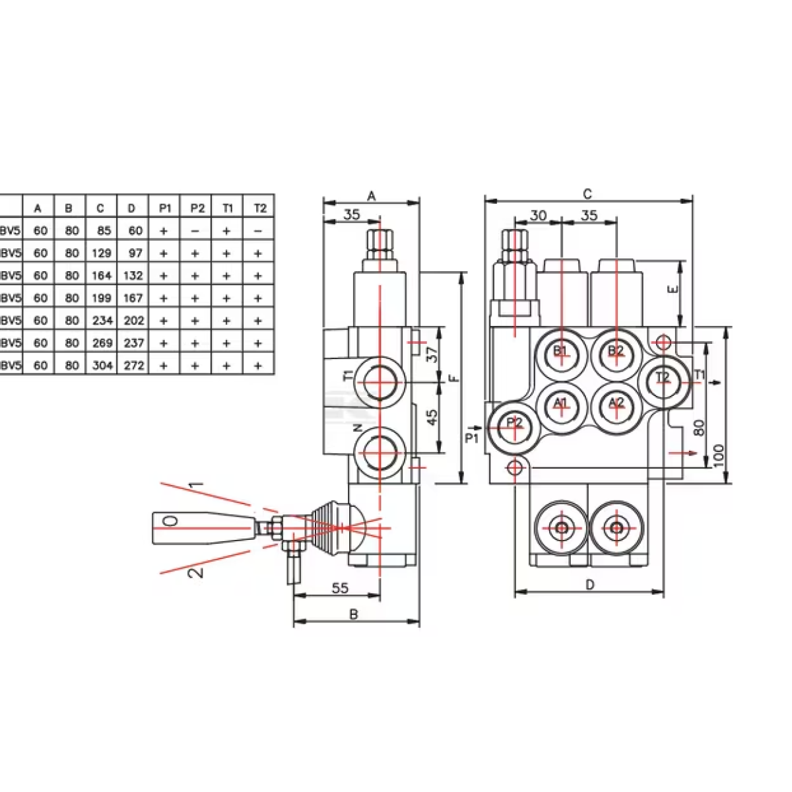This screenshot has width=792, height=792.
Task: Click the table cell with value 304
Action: (100, 365)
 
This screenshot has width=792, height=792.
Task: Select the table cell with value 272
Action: (133, 365)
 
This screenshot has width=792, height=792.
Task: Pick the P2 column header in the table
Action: (197, 208)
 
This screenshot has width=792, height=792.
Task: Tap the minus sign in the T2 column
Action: (259, 230)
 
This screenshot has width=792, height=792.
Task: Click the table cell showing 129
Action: (100, 253)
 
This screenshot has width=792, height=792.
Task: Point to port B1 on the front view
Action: (561, 351)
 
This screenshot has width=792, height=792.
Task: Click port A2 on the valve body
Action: (616, 403)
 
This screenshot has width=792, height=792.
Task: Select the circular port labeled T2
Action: (663, 378)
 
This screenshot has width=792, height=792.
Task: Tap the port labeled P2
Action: (514, 422)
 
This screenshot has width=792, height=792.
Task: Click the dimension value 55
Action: (340, 588)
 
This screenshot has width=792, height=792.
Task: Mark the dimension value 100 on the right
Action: (719, 455)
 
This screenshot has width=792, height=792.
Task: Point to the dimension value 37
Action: (432, 355)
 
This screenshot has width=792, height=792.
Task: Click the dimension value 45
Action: (432, 417)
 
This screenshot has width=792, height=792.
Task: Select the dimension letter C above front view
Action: (587, 193)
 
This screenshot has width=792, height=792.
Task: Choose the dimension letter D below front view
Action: (590, 584)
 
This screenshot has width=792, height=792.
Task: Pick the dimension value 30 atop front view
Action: (539, 215)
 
